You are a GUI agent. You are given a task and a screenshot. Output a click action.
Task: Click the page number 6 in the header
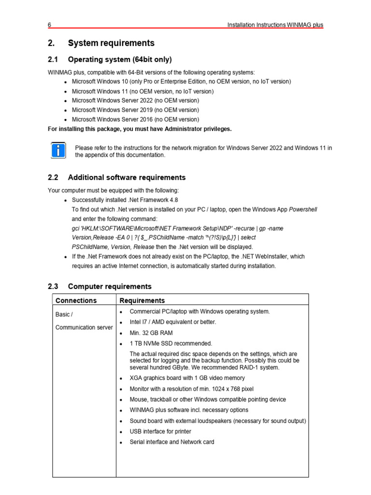49,25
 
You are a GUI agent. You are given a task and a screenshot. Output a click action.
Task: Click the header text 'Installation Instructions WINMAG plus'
275,25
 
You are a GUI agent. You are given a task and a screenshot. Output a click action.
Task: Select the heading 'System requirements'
111,44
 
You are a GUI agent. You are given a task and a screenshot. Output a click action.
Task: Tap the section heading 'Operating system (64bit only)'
120,60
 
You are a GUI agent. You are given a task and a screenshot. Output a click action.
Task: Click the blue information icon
57,150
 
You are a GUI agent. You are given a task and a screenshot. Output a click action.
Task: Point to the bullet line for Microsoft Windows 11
143,91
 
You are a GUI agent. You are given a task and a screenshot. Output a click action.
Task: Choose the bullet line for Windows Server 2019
135,110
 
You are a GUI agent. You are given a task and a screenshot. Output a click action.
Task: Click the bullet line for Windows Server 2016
135,119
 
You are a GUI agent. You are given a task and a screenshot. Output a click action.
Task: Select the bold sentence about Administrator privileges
140,129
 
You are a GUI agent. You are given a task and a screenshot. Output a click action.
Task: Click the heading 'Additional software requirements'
127,177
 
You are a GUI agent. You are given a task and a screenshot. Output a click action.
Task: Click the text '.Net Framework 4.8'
149,200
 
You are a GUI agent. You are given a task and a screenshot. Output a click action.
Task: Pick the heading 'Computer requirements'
110,287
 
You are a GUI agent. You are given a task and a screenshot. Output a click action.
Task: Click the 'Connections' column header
76,301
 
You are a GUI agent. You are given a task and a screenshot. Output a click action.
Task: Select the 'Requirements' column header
142,301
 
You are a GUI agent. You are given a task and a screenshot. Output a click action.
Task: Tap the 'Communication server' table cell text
84,327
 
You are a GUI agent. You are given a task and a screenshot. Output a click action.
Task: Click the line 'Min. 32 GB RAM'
151,333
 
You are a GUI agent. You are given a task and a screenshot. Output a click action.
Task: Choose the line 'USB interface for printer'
160,431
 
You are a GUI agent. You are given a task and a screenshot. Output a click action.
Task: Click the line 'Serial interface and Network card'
172,442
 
